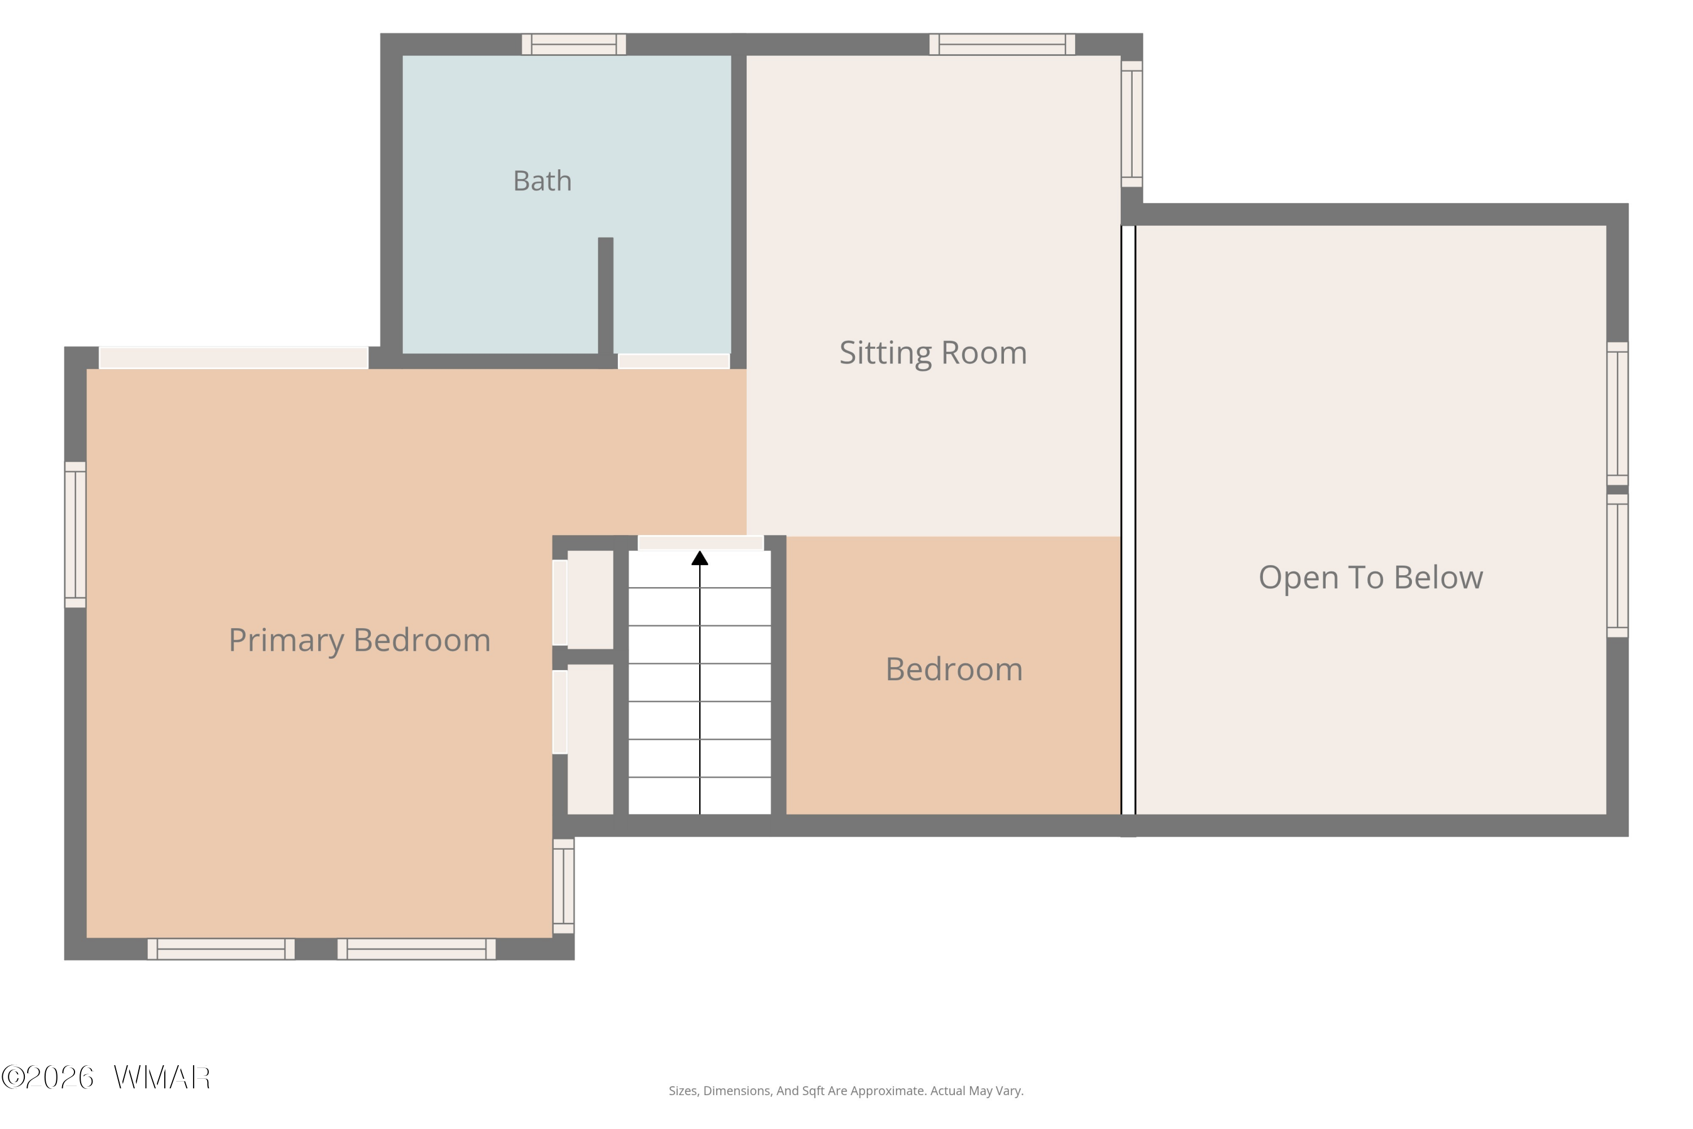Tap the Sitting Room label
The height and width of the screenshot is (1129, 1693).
pyautogui.click(x=933, y=353)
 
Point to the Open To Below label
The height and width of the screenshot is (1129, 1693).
pyautogui.click(x=1371, y=577)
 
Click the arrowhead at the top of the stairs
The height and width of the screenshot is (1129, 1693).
pyautogui.click(x=700, y=558)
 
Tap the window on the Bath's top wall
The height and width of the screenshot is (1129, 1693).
pyautogui.click(x=574, y=45)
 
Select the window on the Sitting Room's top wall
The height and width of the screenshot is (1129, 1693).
pyautogui.click(x=1002, y=45)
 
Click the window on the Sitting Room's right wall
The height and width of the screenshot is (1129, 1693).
pyautogui.click(x=1131, y=124)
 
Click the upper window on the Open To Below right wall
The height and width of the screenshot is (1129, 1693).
pyautogui.click(x=1617, y=414)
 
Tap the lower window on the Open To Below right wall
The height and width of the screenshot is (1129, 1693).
pyautogui.click(x=1617, y=566)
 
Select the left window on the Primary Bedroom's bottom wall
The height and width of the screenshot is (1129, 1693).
pyautogui.click(x=221, y=949)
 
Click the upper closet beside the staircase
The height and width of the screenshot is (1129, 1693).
pyautogui.click(x=590, y=599)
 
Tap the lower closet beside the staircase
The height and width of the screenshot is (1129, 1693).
pyautogui.click(x=590, y=739)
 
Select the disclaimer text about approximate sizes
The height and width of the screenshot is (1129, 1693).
pyautogui.click(x=846, y=1091)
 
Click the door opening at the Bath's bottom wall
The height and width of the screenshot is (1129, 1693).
pyautogui.click(x=674, y=361)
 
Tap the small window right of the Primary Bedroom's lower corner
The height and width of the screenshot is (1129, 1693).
pyautogui.click(x=564, y=886)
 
